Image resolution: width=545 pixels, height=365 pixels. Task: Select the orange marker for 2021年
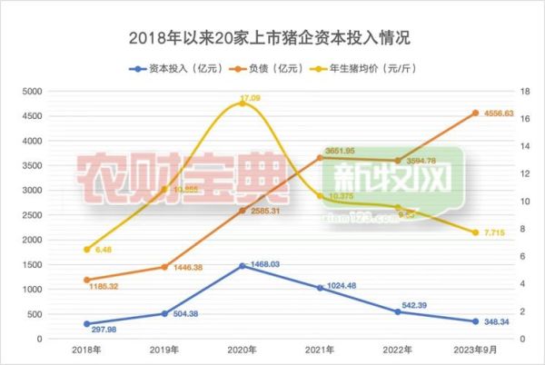coord(320,158)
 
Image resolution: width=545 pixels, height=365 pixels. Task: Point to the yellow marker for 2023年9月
coord(475,232)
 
